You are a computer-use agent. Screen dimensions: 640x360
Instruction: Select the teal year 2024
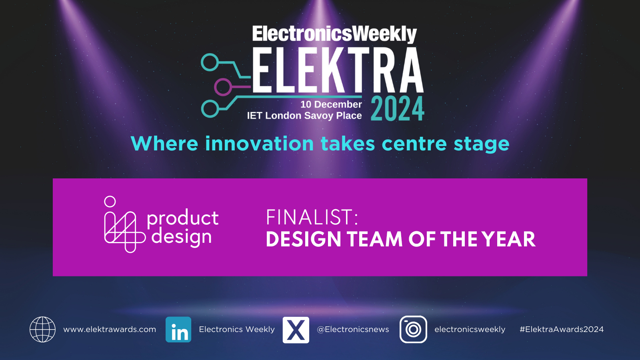398,109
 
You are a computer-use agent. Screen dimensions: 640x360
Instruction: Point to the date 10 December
331,104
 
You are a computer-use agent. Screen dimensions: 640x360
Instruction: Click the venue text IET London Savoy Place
304,116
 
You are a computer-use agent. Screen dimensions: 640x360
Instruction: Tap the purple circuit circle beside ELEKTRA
222,87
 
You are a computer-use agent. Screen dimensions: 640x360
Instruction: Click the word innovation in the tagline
260,143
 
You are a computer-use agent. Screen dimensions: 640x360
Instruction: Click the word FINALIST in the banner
312,217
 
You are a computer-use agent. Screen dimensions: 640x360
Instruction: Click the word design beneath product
182,237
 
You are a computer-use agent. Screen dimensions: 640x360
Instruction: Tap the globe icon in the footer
42,330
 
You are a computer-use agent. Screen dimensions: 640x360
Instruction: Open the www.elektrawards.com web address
110,330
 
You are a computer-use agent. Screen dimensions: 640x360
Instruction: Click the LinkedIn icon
178,330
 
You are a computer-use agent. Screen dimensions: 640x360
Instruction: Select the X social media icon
296,330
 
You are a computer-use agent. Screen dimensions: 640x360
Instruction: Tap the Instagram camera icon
413,330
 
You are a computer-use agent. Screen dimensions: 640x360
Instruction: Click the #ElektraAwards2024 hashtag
562,330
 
